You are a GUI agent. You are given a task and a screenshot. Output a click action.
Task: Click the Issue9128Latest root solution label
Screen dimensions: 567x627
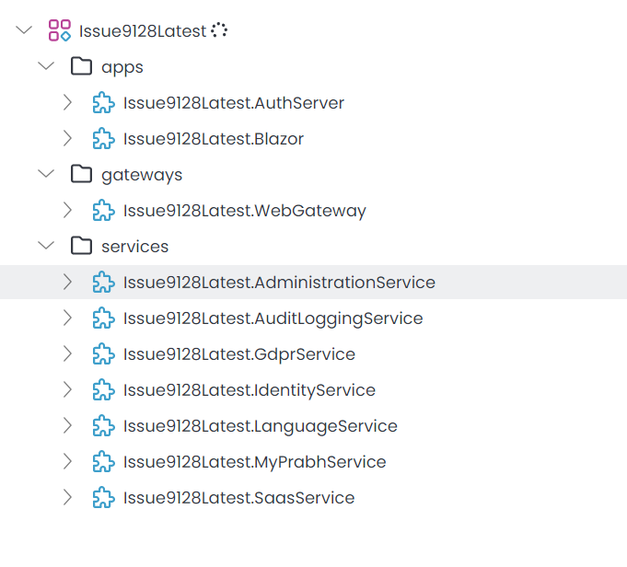pos(143,30)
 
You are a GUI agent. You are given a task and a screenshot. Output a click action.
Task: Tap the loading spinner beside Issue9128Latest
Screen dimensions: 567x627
pos(219,30)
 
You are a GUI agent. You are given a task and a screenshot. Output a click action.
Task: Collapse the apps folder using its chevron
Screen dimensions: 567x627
pos(45,66)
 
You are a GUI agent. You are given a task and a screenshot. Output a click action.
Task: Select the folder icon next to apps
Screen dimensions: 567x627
pos(82,66)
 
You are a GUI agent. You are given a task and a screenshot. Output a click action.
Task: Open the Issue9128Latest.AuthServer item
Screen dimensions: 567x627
pos(234,103)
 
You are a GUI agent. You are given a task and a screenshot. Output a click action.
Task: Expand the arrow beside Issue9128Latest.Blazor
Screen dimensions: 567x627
pos(67,139)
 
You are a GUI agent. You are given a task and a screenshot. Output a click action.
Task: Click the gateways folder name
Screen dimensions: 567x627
pos(142,175)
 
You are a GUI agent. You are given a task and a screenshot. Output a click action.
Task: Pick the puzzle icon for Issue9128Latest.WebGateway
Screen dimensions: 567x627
pos(104,211)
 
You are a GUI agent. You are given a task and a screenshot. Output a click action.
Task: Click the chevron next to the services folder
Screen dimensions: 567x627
pos(45,246)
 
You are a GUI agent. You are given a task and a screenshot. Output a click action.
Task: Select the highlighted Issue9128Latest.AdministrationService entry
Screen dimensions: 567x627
pos(279,283)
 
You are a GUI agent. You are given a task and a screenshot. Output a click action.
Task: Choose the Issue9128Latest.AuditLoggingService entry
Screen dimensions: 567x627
pos(273,318)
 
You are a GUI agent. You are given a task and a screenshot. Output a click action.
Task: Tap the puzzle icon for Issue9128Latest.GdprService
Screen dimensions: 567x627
pos(104,354)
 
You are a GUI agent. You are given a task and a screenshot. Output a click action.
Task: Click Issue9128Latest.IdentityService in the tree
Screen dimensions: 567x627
pos(250,390)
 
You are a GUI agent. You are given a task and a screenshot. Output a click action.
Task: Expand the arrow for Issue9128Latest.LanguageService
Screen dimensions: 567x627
pos(67,426)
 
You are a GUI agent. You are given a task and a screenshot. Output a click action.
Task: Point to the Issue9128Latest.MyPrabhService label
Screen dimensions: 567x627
pos(254,462)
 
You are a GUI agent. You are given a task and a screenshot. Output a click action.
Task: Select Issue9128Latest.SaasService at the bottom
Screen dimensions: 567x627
pos(238,498)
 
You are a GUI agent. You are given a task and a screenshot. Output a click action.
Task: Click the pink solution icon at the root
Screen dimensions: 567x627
pos(60,30)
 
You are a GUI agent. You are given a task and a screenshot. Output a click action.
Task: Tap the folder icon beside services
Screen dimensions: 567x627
pos(82,246)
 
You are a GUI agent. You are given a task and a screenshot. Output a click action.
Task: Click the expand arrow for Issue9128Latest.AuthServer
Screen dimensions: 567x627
pos(67,103)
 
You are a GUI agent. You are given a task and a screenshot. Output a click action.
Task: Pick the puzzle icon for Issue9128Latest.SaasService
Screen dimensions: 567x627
pos(104,498)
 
